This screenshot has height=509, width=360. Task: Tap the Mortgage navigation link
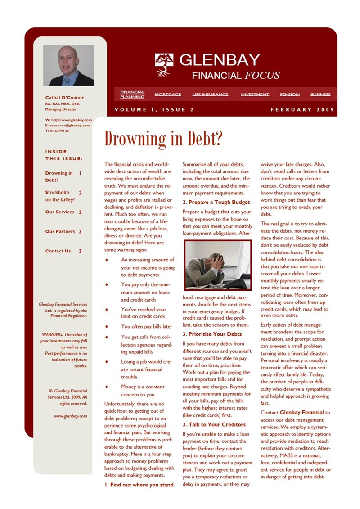[x=168, y=95]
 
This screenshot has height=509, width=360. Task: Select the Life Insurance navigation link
[x=210, y=95]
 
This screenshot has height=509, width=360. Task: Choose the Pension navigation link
[x=290, y=95]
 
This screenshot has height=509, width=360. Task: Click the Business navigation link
[x=320, y=95]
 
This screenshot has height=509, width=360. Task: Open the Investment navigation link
[x=255, y=95]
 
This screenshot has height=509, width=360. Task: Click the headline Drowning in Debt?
[x=163, y=139]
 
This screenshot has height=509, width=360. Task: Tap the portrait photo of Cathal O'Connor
[x=69, y=65]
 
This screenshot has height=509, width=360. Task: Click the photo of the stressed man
[x=217, y=265]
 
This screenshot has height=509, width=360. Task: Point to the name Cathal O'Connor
[x=64, y=98]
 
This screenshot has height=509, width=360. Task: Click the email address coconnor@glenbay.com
[x=70, y=125]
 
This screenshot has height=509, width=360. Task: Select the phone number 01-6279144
[x=59, y=131]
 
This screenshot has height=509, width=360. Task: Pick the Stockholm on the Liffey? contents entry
[x=60, y=196]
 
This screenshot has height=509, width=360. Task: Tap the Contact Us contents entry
[x=58, y=251]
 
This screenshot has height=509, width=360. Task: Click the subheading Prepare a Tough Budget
[x=216, y=202]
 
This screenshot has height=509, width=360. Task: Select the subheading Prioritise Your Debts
[x=212, y=334]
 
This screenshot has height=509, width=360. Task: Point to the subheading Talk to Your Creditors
[x=214, y=424]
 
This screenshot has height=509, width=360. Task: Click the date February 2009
[x=301, y=110]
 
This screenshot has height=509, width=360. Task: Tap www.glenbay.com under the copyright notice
[x=70, y=416]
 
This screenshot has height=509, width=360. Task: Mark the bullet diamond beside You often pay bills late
[x=107, y=326]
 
